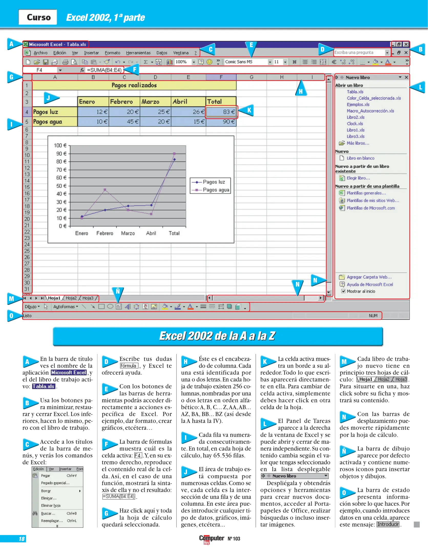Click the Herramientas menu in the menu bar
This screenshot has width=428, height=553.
pyautogui.click(x=138, y=53)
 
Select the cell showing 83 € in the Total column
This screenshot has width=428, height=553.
pyautogui.click(x=221, y=112)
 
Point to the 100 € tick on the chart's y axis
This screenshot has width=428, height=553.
pyautogui.click(x=60, y=145)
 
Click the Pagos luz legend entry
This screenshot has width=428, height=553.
pyautogui.click(x=210, y=182)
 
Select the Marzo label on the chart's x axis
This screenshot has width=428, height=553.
pyautogui.click(x=128, y=233)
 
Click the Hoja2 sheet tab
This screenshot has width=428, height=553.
pyautogui.click(x=71, y=298)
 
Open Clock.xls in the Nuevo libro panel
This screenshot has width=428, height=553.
pyautogui.click(x=355, y=124)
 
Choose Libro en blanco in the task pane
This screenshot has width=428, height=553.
pyautogui.click(x=360, y=158)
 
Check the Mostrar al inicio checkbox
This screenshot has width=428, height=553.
pyautogui.click(x=343, y=291)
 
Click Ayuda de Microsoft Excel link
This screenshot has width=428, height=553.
pyautogui.click(x=370, y=284)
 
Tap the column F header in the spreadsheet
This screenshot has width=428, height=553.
pyautogui.click(x=221, y=77)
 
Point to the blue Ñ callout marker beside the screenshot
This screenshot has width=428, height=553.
pyautogui.click(x=118, y=292)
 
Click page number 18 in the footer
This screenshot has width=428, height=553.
pyautogui.click(x=22, y=539)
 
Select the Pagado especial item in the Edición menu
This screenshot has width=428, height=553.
pyautogui.click(x=55, y=483)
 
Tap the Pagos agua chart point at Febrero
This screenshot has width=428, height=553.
pyautogui.click(x=105, y=190)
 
